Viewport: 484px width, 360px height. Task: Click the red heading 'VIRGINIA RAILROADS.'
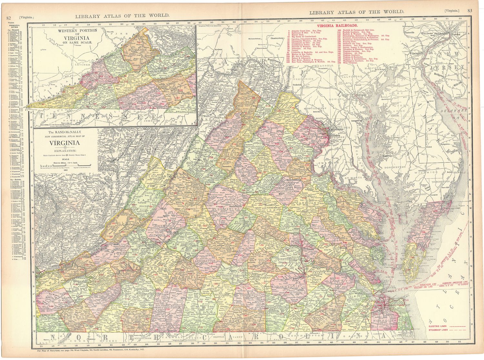pyautogui.click(x=337, y=25)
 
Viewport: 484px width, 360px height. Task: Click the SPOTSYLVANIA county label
pyautogui.click(x=288, y=191)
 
